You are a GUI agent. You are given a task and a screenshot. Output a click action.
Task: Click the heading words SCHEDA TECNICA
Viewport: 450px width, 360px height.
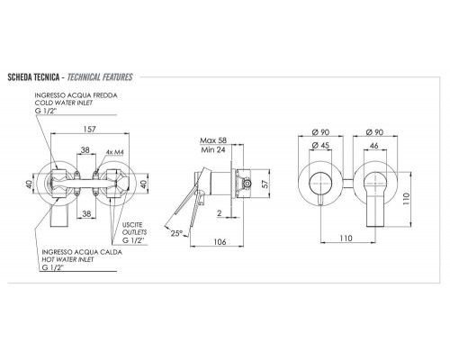[x=32, y=77]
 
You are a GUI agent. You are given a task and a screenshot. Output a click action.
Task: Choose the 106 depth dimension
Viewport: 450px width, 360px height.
[x=219, y=241]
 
